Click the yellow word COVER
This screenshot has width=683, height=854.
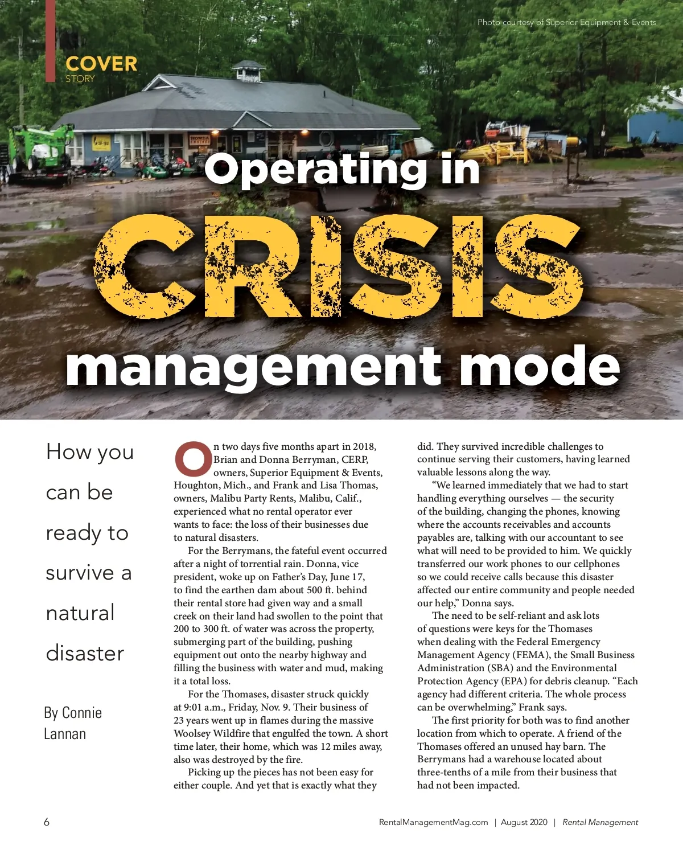coord(101,64)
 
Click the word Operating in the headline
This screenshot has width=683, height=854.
coord(314,170)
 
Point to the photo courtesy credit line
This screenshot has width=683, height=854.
coord(566,23)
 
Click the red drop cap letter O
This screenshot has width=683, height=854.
coord(192,458)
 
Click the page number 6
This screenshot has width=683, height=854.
coord(47,822)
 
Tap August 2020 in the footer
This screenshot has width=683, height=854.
coord(524,822)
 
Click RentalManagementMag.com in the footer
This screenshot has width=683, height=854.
coord(433,822)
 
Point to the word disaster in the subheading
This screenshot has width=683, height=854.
coord(85,653)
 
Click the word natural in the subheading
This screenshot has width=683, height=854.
coord(80,613)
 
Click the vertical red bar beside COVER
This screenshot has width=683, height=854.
coord(51,40)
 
